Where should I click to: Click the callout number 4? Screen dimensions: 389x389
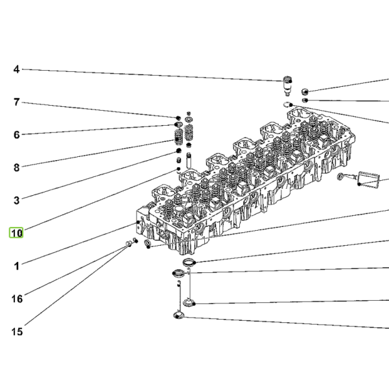click(x=16, y=69)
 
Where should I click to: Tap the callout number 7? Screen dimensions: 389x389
click(x=16, y=102)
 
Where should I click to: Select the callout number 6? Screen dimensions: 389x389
click(x=16, y=135)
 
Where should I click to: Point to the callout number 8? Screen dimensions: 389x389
click(x=16, y=168)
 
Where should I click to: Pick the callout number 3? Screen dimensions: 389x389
click(x=16, y=200)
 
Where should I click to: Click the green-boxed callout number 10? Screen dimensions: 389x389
click(x=16, y=233)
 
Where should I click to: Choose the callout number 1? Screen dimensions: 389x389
click(x=16, y=266)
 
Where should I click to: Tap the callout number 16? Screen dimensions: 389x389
click(x=17, y=299)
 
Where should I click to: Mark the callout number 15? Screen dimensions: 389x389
click(x=17, y=332)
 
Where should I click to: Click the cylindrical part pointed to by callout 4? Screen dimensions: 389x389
click(x=287, y=86)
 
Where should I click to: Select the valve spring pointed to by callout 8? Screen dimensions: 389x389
click(x=179, y=137)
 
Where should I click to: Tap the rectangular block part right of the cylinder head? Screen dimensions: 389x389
click(x=368, y=179)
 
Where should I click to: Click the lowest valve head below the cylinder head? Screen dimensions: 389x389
click(x=178, y=315)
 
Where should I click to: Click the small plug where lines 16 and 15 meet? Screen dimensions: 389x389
click(x=129, y=244)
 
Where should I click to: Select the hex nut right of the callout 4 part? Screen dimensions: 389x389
click(x=305, y=91)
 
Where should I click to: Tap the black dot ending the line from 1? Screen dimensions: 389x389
click(x=138, y=222)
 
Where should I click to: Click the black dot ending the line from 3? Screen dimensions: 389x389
click(x=178, y=150)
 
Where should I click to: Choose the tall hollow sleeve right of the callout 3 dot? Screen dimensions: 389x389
click(x=189, y=160)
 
